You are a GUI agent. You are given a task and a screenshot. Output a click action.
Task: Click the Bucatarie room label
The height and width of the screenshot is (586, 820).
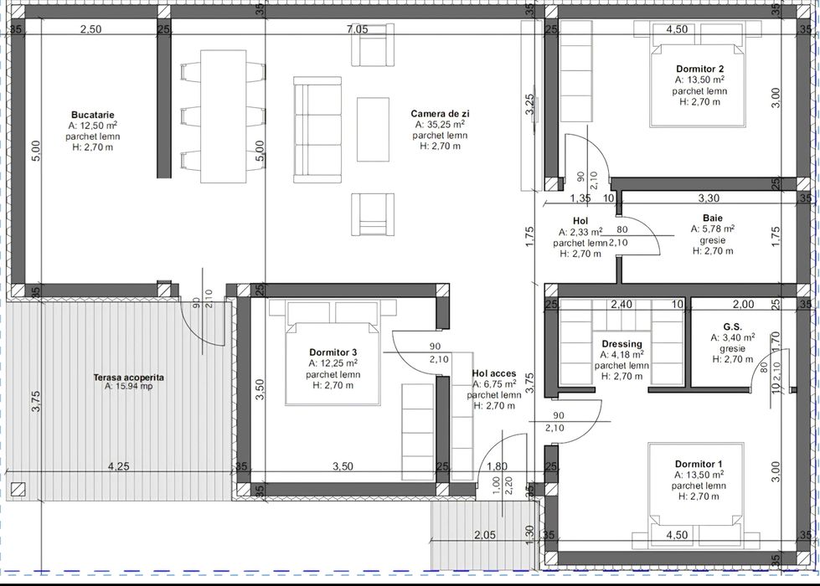coord(93,115)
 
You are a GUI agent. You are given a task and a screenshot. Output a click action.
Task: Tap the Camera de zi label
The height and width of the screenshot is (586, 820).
coord(440,114)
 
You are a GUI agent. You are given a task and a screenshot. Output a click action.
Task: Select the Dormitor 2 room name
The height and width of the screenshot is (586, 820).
coord(699,69)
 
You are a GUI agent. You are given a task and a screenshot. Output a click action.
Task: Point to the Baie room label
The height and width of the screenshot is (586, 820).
coord(713,218)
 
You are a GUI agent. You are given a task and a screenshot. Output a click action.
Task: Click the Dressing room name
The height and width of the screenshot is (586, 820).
coord(621,343)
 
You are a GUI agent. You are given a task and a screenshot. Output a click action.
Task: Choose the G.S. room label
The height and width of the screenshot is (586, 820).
coord(733,326)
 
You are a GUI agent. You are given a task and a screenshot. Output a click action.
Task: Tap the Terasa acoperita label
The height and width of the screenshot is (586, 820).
coord(129,377)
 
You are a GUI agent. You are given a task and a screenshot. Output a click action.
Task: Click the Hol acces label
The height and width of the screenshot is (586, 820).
coord(493,373)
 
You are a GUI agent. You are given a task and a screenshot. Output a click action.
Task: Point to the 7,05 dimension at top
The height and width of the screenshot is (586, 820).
coord(357,29)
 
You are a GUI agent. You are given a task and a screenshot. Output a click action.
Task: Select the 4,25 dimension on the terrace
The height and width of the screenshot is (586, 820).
coord(119,465)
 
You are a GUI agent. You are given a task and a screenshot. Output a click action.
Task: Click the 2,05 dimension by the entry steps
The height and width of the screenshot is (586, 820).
coord(485,535)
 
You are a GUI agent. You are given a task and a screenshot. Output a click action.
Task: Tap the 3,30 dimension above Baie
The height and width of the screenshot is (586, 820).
coord(709,198)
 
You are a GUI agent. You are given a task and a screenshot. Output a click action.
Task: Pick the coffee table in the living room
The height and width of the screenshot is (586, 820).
coord(373,129)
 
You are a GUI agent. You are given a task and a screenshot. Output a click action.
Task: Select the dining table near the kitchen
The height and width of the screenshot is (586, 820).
coord(224,116)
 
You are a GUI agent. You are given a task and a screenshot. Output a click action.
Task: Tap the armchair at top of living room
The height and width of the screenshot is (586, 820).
coord(372,45)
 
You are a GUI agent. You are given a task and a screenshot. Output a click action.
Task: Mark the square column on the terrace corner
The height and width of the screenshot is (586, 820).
coord(18,488)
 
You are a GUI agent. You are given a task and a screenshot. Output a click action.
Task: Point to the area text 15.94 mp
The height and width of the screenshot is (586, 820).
coord(129,387)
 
